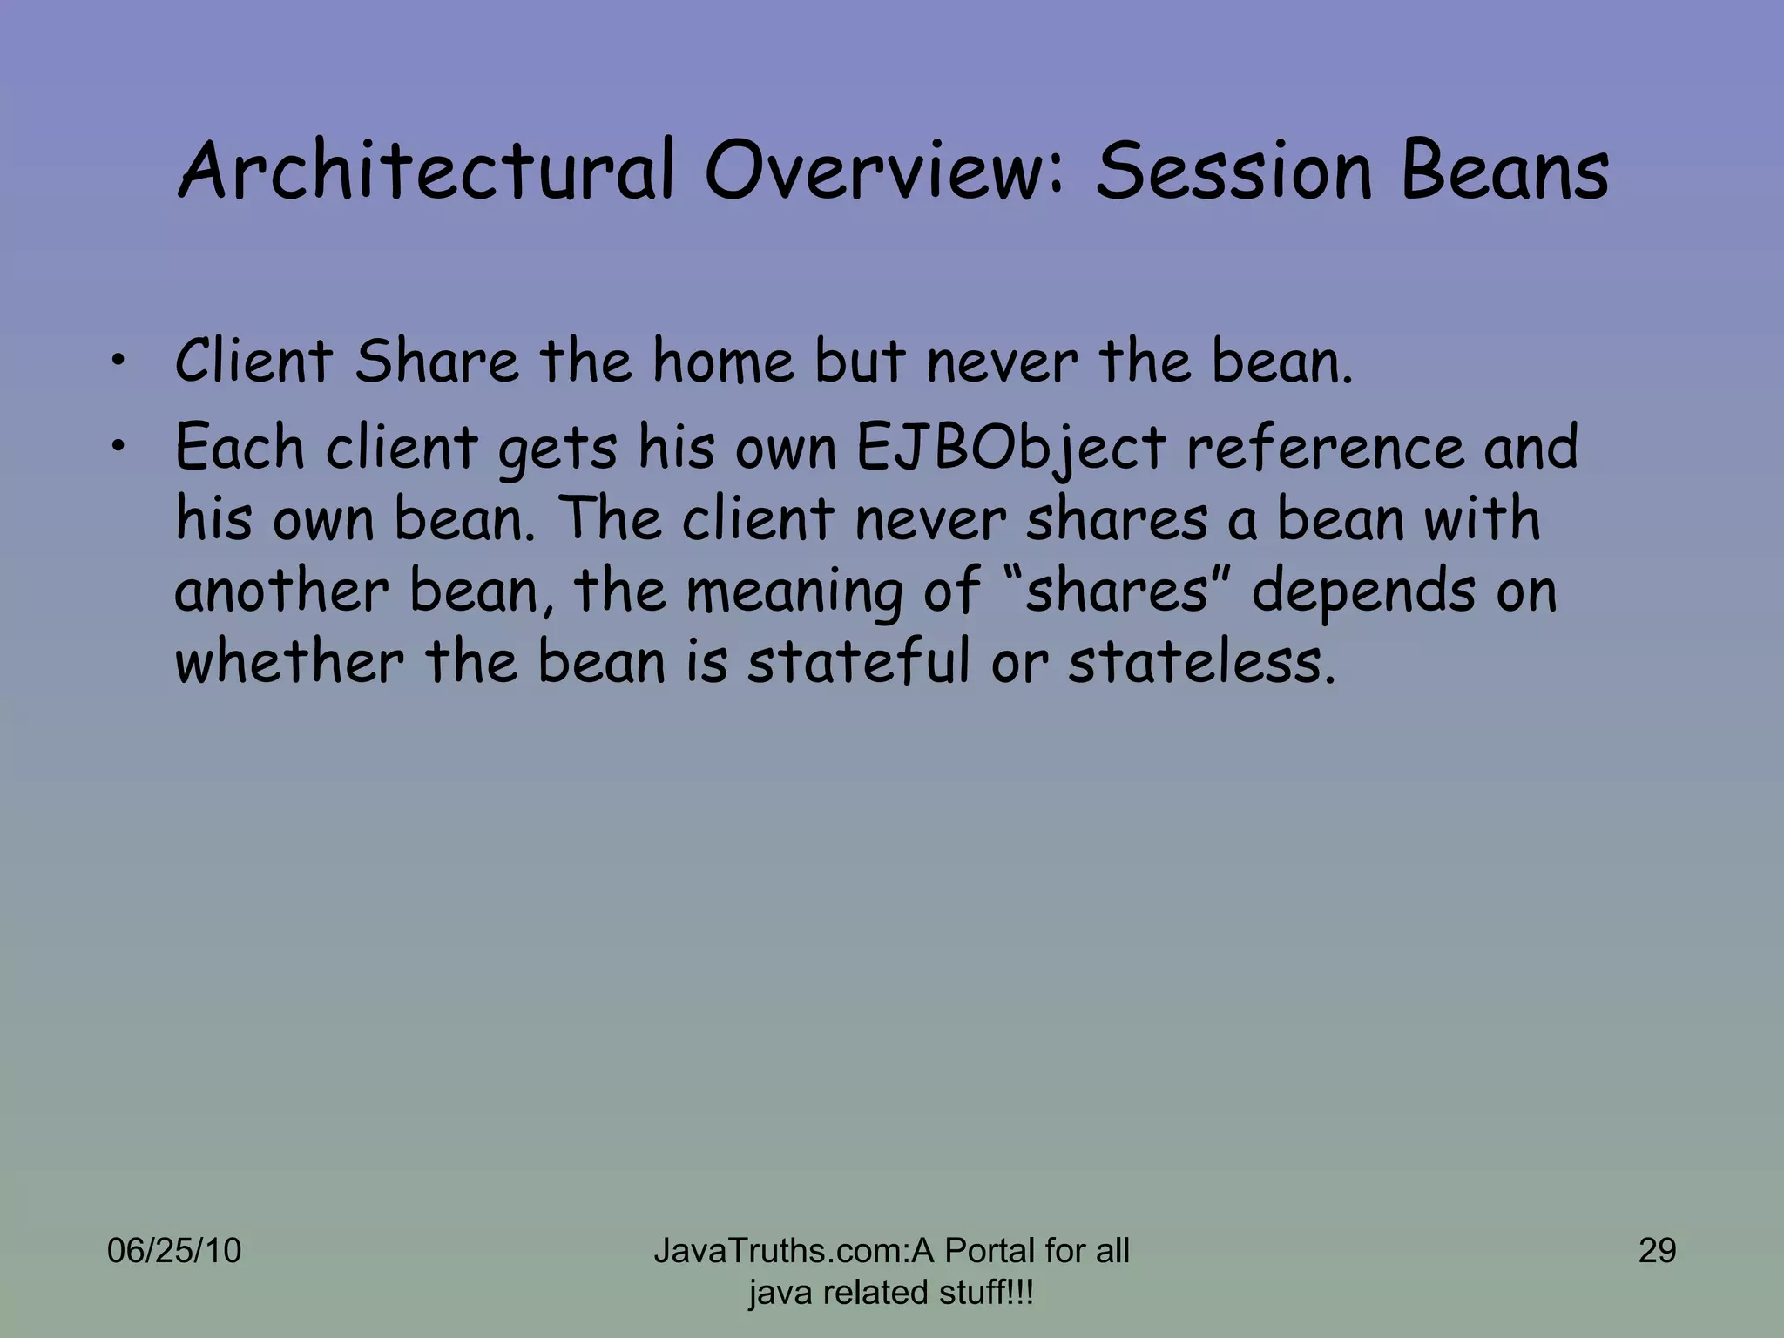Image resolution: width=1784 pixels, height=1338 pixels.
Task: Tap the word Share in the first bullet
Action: coord(436,361)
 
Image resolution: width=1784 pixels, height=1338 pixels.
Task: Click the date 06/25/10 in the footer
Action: coord(173,1251)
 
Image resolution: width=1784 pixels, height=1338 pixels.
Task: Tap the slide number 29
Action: coord(1657,1251)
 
